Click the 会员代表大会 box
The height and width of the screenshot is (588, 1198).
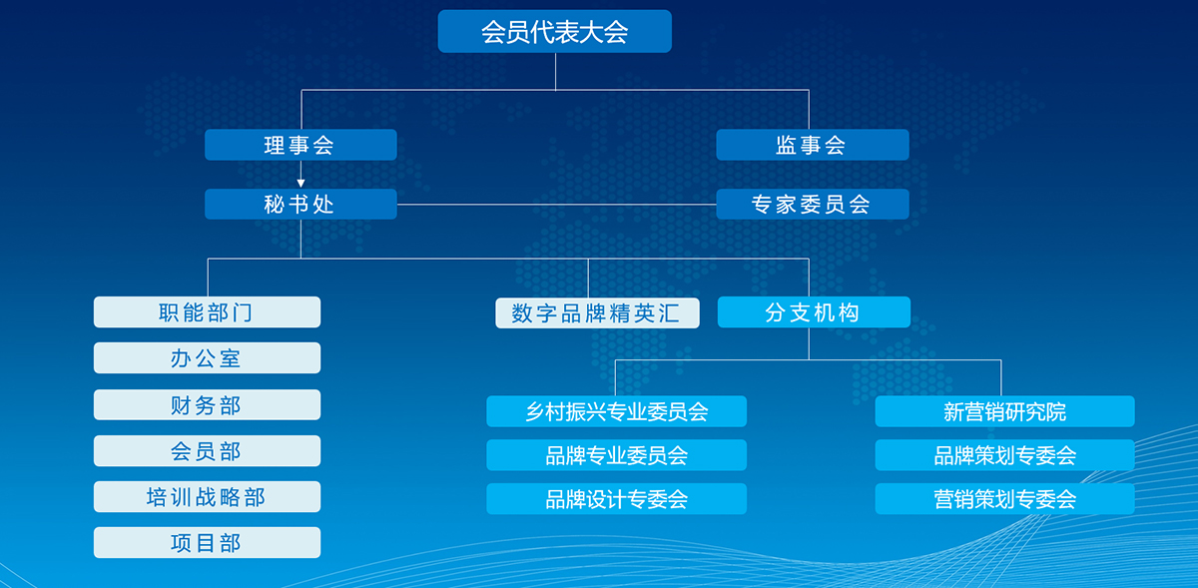tap(555, 31)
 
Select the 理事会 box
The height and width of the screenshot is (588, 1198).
tap(300, 145)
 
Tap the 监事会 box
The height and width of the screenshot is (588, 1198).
tap(813, 145)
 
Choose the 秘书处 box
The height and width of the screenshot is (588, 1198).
tap(300, 204)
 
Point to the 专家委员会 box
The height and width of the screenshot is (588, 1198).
tap(813, 204)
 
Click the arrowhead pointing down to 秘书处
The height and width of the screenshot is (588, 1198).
tap(300, 184)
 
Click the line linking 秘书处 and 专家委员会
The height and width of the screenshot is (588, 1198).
tap(556, 205)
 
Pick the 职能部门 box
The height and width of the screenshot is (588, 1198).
tap(207, 311)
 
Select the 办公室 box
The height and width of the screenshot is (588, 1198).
tap(207, 358)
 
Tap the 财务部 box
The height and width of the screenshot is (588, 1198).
tap(207, 404)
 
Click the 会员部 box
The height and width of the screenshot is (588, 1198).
tap(207, 450)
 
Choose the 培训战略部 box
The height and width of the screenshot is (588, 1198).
tap(207, 496)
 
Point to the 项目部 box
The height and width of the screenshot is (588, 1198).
tap(207, 542)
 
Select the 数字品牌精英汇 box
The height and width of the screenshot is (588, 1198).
tap(597, 313)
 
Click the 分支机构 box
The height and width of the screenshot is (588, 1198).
tap(814, 311)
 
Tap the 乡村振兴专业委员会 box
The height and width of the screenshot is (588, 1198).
tap(617, 411)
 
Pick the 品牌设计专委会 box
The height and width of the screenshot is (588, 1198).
tap(617, 498)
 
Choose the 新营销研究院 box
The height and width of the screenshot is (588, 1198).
tap(1005, 411)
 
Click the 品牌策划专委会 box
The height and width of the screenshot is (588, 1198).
tap(1005, 455)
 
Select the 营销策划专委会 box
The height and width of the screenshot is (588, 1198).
tap(1005, 498)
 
